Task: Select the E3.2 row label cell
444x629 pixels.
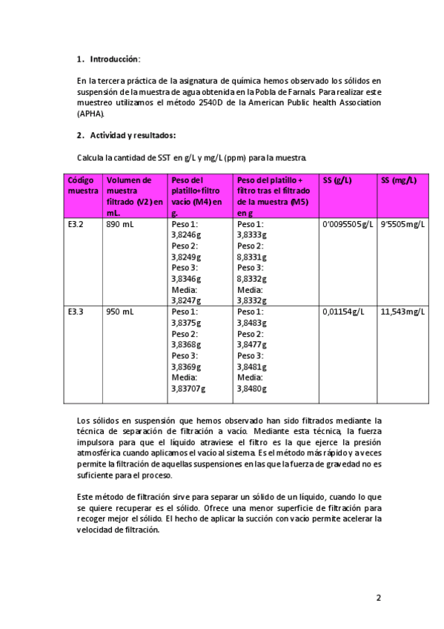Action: coord(75,223)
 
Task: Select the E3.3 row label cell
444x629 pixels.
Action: coord(75,312)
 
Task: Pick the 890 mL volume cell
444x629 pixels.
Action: coord(119,223)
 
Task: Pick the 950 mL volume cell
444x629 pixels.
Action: coord(119,312)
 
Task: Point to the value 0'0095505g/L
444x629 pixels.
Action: coord(348,223)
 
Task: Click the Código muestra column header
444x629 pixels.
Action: coord(82,185)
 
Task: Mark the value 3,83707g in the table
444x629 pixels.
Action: coord(188,388)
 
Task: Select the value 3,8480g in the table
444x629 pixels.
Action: coord(252,388)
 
